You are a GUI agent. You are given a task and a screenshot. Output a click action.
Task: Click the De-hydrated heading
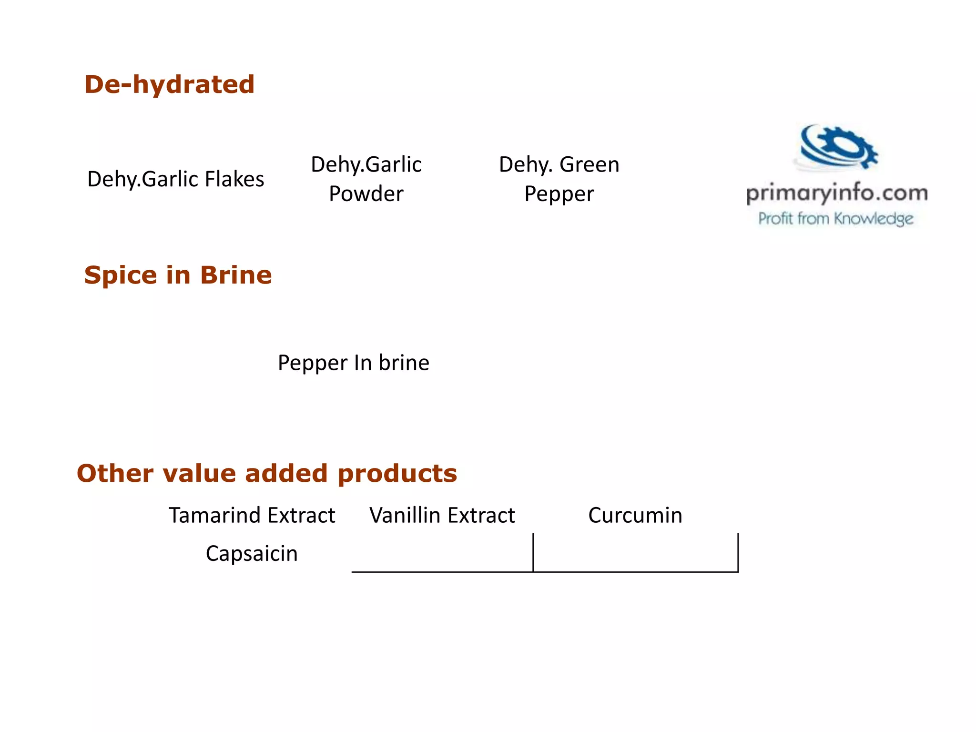pos(170,85)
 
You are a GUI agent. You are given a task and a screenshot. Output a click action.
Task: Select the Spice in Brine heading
pos(178,275)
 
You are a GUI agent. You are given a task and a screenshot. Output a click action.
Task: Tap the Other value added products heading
pos(267,474)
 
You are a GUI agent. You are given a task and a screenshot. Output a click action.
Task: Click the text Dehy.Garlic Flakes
pos(175,180)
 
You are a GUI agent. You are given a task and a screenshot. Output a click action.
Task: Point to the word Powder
pos(366,194)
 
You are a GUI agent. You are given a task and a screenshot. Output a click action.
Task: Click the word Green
pos(589,165)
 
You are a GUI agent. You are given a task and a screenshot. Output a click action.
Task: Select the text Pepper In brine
pos(354,363)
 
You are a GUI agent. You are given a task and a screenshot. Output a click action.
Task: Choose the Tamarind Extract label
pos(252,516)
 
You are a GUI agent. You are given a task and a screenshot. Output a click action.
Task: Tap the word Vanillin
pos(405,516)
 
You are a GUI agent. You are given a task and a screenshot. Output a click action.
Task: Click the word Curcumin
pos(635,516)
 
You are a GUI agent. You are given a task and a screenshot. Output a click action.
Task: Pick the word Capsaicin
pos(252,554)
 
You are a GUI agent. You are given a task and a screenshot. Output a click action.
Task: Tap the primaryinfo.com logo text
pos(837,193)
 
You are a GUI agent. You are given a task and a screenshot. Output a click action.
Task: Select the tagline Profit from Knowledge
pos(836,219)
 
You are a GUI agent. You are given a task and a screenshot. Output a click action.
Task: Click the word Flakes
pos(234,180)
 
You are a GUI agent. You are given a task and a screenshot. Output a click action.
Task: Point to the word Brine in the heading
pos(236,275)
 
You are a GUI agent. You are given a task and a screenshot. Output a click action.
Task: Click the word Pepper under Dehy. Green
pos(559,194)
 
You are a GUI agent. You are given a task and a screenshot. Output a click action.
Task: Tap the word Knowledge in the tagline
pos(874,219)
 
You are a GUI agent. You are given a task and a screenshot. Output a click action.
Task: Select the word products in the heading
pos(397,474)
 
